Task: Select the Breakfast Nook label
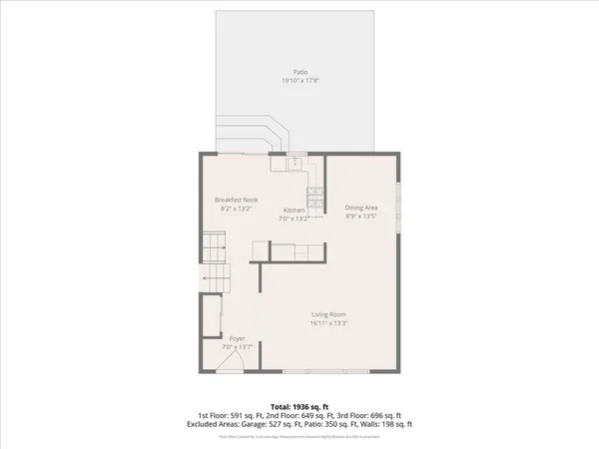[x=237, y=201]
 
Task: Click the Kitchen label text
[x=294, y=210]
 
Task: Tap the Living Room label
[x=327, y=315]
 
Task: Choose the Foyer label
[x=238, y=338]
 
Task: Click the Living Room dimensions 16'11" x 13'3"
[x=327, y=323]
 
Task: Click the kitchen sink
[x=296, y=164]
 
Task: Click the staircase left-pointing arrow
[x=211, y=280]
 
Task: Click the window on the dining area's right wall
[x=399, y=205]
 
